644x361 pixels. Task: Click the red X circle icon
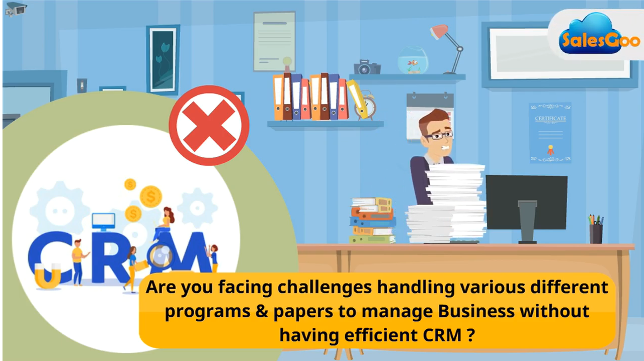[x=209, y=125]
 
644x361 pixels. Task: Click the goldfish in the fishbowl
[x=413, y=63]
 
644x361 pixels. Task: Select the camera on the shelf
[x=367, y=67]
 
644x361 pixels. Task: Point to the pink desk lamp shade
[x=440, y=32]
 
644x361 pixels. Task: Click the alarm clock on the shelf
[x=366, y=105]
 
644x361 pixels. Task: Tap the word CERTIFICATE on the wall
[x=550, y=119]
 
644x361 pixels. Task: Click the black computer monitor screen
[x=526, y=202]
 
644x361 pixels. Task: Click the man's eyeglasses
[x=439, y=135]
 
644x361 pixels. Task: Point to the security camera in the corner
[x=16, y=9]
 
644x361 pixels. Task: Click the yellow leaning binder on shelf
[x=357, y=99]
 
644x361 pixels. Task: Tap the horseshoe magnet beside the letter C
[x=48, y=276]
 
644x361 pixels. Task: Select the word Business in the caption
[x=476, y=311]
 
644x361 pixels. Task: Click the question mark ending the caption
[x=470, y=335]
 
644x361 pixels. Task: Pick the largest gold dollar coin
[x=150, y=197]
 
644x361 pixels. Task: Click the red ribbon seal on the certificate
[x=550, y=150]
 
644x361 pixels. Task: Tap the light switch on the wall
[x=82, y=85]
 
